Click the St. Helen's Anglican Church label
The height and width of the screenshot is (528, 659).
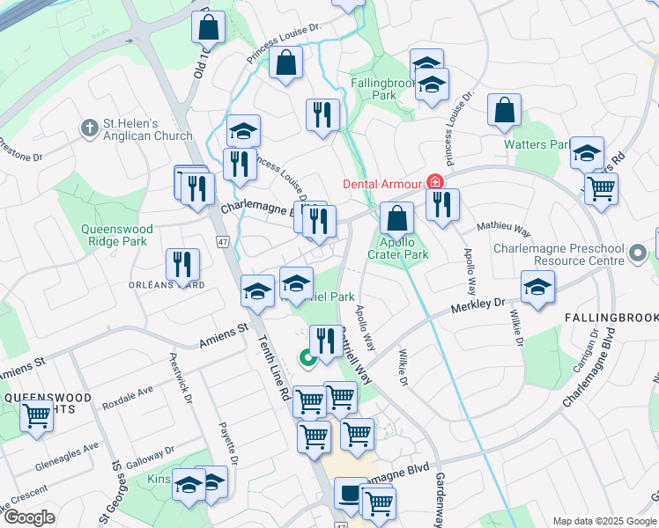(147, 129)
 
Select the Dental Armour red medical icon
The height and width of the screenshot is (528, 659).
(434, 183)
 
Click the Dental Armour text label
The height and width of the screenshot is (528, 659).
(382, 184)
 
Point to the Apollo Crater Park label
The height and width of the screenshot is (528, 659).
(404, 249)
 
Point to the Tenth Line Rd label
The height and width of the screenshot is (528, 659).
(274, 370)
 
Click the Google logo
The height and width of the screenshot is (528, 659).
(29, 517)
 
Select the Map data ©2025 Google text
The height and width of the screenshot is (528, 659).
(604, 521)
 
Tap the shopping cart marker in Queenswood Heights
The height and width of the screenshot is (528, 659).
(36, 415)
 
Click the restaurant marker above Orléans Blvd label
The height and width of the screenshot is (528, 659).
(182, 263)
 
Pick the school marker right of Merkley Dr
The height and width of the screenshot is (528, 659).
(537, 287)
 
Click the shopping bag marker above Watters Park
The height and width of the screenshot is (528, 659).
(505, 110)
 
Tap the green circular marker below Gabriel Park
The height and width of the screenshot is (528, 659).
(307, 358)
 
